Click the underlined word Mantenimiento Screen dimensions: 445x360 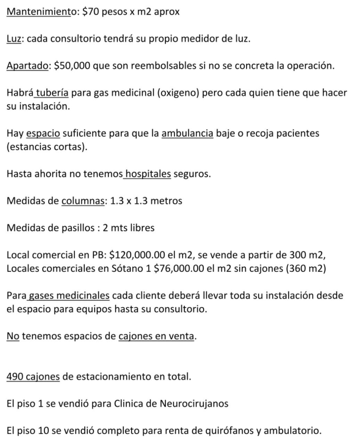coord(39,12)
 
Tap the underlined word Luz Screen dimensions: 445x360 coord(14,39)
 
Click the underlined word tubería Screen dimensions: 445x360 coord(52,93)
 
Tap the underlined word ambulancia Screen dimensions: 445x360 coord(187,133)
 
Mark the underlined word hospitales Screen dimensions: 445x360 coord(148,174)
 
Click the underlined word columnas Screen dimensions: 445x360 coord(83,201)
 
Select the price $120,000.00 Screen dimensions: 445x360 coord(137,255)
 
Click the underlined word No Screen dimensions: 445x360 coord(13,336)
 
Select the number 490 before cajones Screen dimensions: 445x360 coord(15,377)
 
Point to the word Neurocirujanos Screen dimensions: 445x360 coord(194,404)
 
